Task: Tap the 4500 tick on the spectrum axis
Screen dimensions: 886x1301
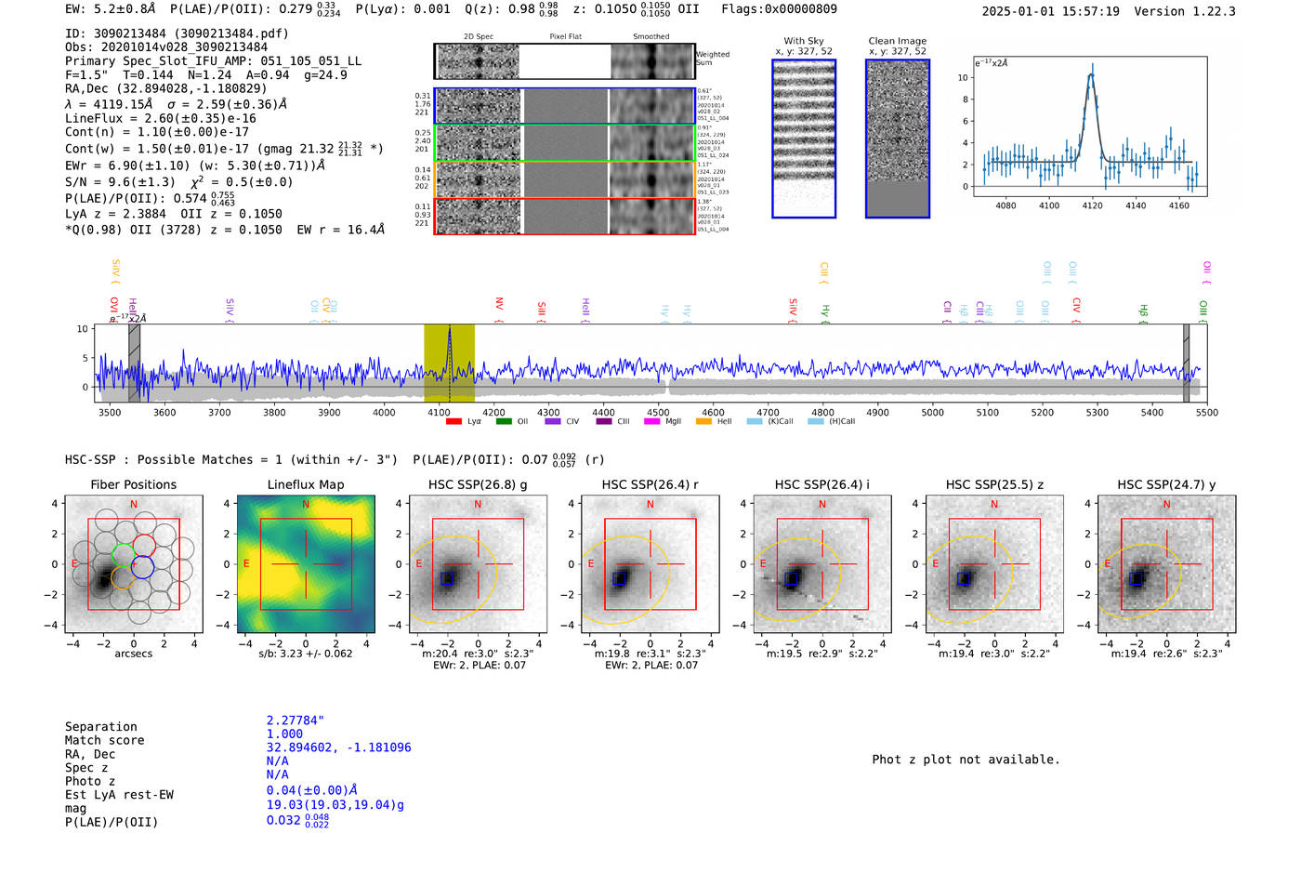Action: [658, 412]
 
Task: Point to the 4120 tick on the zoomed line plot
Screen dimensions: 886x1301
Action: [1092, 205]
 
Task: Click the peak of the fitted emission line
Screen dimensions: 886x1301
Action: [1091, 74]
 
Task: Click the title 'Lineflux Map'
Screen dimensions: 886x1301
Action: [305, 484]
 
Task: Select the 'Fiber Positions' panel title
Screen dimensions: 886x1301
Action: [133, 484]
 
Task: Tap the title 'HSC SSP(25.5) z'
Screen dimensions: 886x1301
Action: [994, 484]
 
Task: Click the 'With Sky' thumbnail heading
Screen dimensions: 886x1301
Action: [804, 41]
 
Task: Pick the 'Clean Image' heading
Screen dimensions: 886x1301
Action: [897, 41]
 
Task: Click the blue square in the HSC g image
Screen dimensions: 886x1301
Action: [448, 578]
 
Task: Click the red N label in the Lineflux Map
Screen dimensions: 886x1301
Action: [306, 504]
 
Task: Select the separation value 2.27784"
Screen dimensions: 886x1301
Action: [295, 721]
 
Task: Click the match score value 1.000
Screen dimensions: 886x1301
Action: [284, 734]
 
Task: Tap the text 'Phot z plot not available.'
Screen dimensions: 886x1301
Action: [966, 760]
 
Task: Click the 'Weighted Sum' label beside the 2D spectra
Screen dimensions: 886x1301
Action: [712, 59]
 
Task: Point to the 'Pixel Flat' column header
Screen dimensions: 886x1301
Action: [565, 36]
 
